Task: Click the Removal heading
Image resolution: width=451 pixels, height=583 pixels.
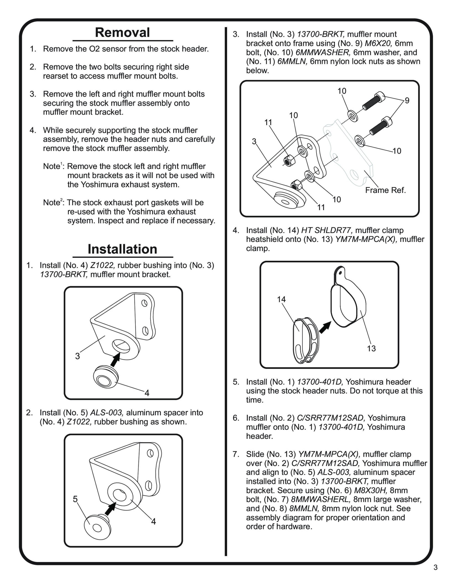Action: (122, 33)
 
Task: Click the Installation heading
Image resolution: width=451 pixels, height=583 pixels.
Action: (122, 249)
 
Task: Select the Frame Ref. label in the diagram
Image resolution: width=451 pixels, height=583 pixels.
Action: (385, 190)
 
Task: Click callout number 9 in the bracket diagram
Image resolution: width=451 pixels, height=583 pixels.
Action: (407, 100)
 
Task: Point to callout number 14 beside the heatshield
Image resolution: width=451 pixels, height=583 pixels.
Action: (281, 299)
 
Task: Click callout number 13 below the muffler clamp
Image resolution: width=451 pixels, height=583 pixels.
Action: (371, 348)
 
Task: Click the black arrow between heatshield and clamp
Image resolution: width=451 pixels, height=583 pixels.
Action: (325, 327)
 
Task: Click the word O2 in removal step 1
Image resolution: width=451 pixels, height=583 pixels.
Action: (94, 49)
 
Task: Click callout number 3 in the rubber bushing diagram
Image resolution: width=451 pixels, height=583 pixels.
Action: (78, 356)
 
